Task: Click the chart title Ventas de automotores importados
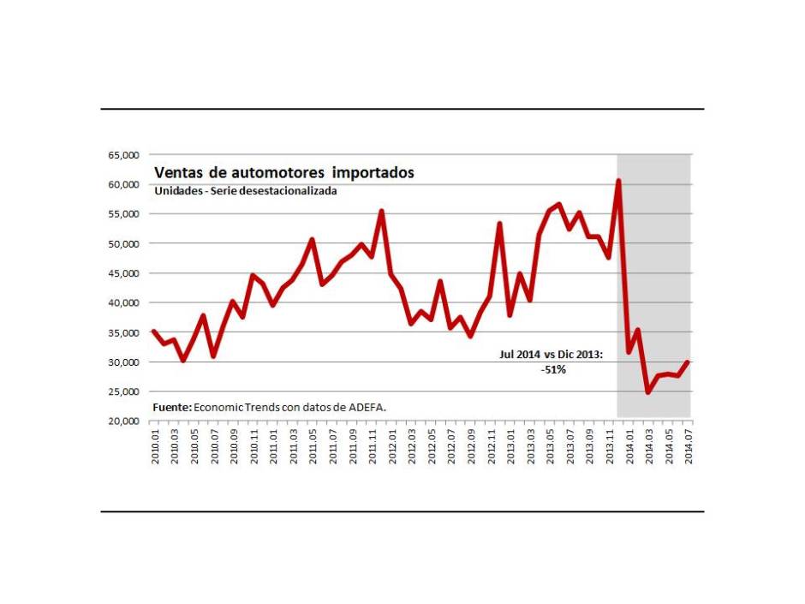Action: pos(283,173)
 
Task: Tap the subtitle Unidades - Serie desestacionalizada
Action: pos(246,191)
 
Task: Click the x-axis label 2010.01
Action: pos(155,446)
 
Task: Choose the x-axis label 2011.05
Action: pos(313,446)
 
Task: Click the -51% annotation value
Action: pos(552,369)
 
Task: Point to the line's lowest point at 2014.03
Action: pos(648,392)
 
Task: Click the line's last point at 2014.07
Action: pos(689,362)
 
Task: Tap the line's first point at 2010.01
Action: pos(153,331)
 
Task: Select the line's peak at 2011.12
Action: pos(381,211)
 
